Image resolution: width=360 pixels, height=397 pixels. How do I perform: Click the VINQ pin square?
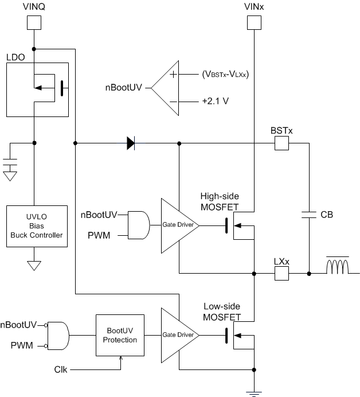point(34,22)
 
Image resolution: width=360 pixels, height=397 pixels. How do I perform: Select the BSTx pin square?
point(281,143)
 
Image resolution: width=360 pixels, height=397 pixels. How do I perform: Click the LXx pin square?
point(281,274)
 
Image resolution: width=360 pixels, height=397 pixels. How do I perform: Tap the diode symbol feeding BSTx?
point(131,143)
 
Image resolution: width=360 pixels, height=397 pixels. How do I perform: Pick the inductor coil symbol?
point(338,267)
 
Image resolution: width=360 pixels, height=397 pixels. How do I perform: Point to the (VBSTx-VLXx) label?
point(226,75)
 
